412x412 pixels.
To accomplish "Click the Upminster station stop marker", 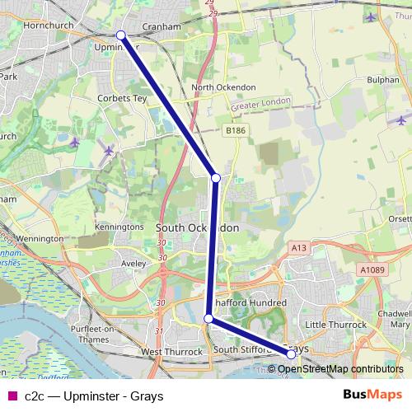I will pyautogui.click(x=120, y=35).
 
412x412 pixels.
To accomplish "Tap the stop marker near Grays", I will pyautogui.click(x=291, y=354).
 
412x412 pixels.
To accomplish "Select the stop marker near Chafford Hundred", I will pyautogui.click(x=208, y=318).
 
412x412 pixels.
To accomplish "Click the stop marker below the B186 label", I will pyautogui.click(x=216, y=178).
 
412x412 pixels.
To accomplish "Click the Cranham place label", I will pyautogui.click(x=161, y=26).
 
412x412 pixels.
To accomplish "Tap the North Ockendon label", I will pyautogui.click(x=223, y=87).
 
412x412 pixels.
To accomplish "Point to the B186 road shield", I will pyautogui.click(x=236, y=129).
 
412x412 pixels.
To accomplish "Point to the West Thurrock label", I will pyautogui.click(x=172, y=352).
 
